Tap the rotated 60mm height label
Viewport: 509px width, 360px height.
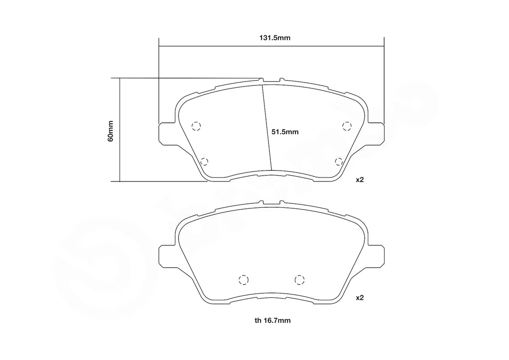coord(111,131)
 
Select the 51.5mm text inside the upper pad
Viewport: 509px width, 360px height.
coord(285,132)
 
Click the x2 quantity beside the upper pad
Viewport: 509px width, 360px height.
coord(360,180)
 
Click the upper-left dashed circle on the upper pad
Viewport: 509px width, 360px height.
coord(196,126)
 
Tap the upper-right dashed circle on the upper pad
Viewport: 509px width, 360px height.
coord(346,126)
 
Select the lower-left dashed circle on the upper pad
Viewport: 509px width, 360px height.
coord(204,161)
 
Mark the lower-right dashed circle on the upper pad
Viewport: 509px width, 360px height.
coord(339,161)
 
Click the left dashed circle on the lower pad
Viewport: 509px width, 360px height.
coord(244,280)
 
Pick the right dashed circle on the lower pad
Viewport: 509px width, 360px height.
coord(299,280)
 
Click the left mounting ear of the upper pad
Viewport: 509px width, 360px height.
coord(166,134)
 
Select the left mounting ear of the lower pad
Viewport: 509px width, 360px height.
coord(166,256)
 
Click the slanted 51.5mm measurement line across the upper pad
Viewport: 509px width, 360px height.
coord(266,127)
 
